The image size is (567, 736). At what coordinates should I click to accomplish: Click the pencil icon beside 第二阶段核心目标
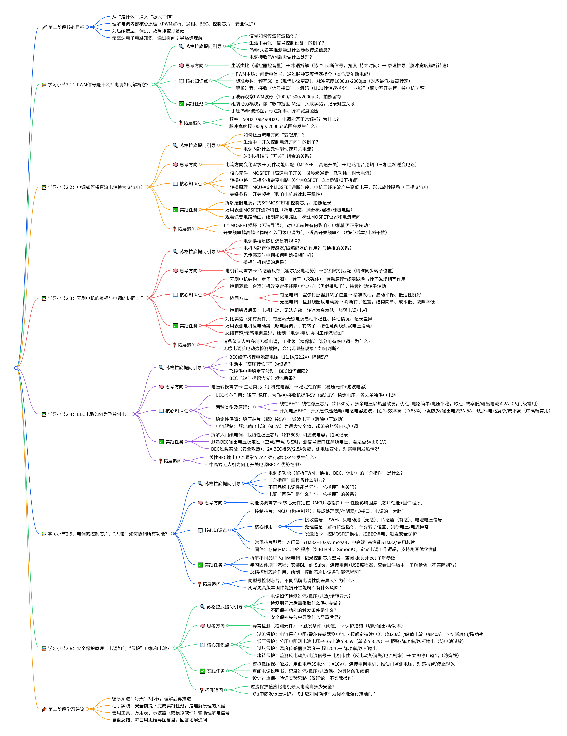pos(44,27)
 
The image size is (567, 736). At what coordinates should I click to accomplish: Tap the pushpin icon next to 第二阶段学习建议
pos(44,709)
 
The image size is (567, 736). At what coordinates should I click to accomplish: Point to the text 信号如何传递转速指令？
pos(273,36)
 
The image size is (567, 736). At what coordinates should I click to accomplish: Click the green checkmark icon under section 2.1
pos(181,104)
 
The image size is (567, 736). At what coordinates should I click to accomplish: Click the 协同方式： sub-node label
pos(240,298)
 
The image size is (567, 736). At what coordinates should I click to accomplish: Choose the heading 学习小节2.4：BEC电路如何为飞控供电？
pos(88,414)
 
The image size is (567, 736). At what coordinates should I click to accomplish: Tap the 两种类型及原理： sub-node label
pos(232,407)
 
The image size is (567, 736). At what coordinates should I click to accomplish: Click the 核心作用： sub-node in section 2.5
pos(264,527)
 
